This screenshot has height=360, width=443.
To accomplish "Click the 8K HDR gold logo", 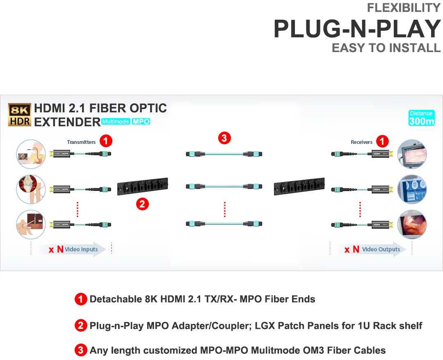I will (19, 114).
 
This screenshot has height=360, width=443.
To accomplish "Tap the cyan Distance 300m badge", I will (421, 118).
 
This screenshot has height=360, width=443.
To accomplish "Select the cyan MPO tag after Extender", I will (141, 122).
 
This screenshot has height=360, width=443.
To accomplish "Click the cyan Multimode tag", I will (116, 122).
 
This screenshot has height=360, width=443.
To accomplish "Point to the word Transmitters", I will (81, 142).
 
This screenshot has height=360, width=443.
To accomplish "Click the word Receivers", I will (361, 142).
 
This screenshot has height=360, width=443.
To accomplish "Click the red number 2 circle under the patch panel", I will (142, 204).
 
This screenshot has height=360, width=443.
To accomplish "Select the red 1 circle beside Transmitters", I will (106, 141).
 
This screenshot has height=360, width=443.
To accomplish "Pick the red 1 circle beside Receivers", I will (382, 141).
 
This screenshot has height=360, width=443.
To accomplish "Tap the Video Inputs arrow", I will (72, 249).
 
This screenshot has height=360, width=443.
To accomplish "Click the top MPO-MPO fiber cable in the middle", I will (224, 154).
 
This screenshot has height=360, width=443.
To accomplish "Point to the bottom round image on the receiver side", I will (412, 224).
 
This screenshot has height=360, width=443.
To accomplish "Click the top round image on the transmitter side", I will (30, 155).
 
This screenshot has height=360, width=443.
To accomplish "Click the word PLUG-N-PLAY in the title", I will (357, 29).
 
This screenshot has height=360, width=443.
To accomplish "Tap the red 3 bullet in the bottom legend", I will (81, 350).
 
